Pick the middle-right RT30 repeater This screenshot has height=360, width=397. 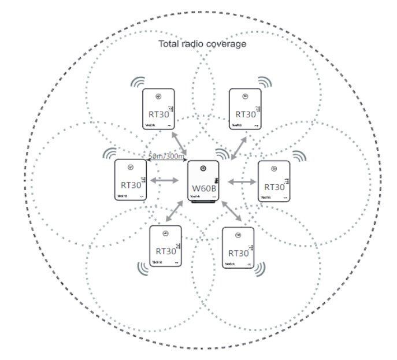click(x=273, y=181)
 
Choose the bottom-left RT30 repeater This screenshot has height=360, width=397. click(x=166, y=246)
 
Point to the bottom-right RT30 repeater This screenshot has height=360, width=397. click(x=238, y=248)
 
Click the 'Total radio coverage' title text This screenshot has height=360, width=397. click(x=202, y=44)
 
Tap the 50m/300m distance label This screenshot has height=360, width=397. click(x=166, y=157)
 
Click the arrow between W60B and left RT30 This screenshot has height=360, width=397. click(x=164, y=181)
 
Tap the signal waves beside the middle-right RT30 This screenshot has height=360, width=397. click(x=298, y=156)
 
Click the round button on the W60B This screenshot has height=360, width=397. click(x=203, y=169)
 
